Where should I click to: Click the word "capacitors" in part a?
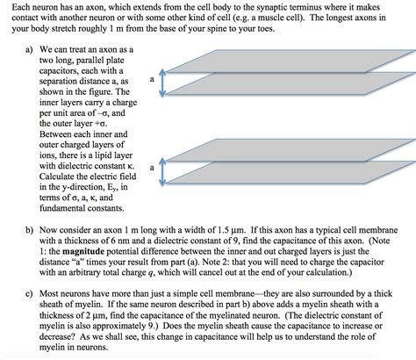point(68,72)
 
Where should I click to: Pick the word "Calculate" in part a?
point(64,175)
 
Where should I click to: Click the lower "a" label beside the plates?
point(152,165)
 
